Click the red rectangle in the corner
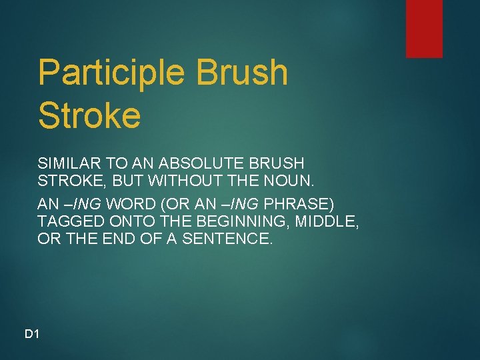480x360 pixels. coord(424,28)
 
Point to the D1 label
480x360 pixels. coord(32,333)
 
